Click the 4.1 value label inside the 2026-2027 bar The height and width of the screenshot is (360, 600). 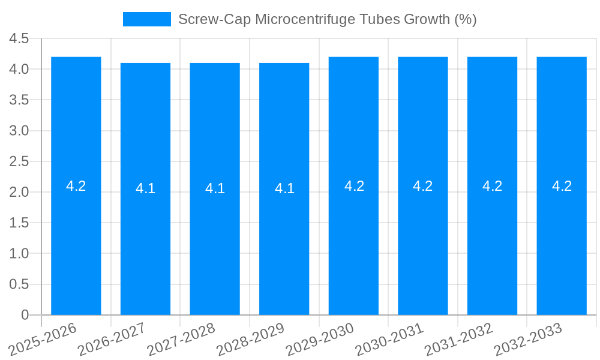point(145,188)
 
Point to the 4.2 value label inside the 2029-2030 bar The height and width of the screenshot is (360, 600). point(354,186)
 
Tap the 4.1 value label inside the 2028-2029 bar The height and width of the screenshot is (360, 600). point(284,188)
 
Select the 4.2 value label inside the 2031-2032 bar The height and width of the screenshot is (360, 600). point(493,186)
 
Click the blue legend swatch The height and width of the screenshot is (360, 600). point(146,19)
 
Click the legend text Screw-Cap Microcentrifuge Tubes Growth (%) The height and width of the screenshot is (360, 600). point(327,19)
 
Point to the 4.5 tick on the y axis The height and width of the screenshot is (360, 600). point(19,38)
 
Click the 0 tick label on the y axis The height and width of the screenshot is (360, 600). point(25,314)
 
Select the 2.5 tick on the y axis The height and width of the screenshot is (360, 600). point(19,161)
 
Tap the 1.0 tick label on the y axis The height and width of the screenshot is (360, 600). point(19,253)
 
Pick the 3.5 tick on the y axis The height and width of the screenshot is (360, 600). point(19,100)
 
